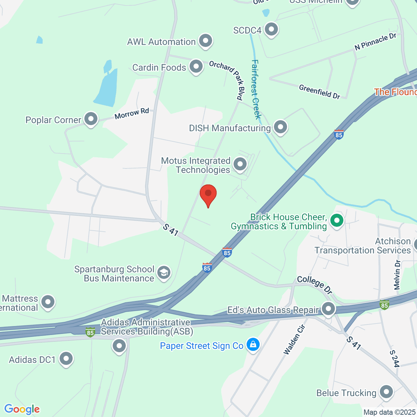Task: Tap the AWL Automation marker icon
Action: [x=205, y=41]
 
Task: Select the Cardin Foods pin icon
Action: [x=196, y=66]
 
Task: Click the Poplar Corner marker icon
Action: [x=91, y=119]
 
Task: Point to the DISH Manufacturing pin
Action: [x=280, y=127]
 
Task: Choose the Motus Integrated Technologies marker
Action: [x=240, y=164]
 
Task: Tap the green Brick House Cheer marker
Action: [x=336, y=220]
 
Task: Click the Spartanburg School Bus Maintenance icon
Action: [x=163, y=273]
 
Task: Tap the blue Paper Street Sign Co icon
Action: [x=253, y=345]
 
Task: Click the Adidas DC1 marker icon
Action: [x=66, y=359]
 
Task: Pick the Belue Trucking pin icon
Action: [x=386, y=392]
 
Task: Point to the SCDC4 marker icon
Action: [x=271, y=30]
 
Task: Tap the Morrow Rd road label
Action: [x=132, y=113]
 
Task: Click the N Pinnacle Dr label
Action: [x=375, y=42]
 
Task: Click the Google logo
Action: [x=22, y=409]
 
